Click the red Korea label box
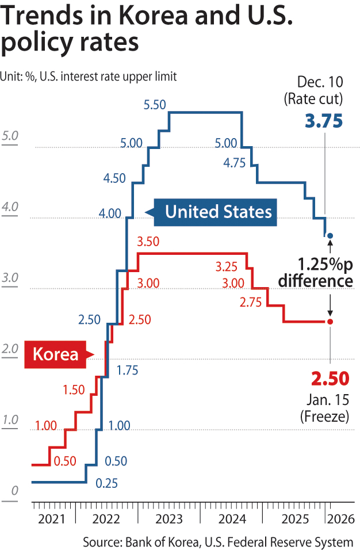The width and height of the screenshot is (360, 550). (x=55, y=354)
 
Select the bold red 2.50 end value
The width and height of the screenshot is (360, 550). (x=330, y=379)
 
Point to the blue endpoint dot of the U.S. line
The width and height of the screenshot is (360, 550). (x=330, y=236)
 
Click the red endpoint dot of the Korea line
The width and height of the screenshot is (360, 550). (x=330, y=322)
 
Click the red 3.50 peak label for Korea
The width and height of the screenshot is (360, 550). (x=148, y=242)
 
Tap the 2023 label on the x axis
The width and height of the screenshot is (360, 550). (x=169, y=520)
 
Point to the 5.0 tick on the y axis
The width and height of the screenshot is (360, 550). (x=11, y=136)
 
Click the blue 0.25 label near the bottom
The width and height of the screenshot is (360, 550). (x=106, y=483)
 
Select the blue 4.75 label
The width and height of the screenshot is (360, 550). (x=234, y=162)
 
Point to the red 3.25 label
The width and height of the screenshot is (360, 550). (x=227, y=267)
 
